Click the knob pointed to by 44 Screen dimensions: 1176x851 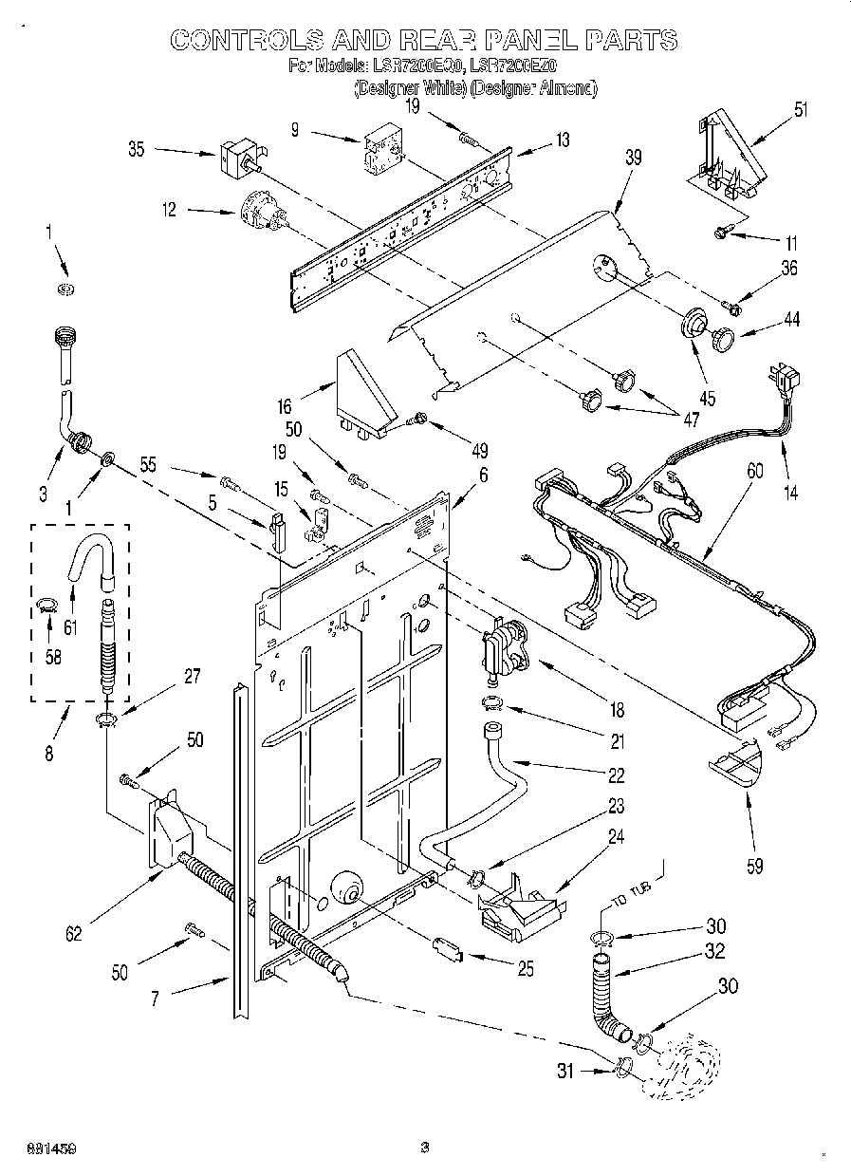click(x=726, y=337)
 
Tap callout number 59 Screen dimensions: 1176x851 click(x=756, y=865)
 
